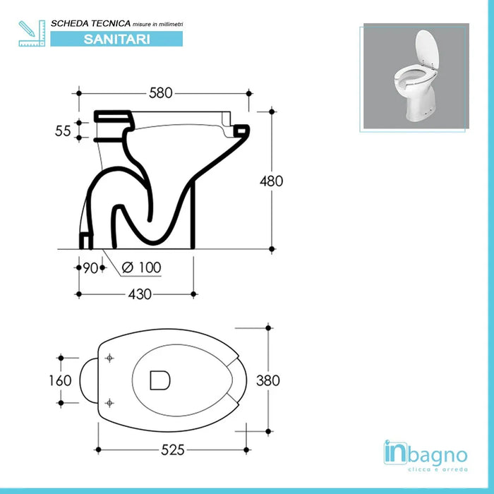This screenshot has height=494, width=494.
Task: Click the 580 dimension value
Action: tap(161, 93)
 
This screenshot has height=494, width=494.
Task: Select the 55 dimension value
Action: tap(63, 131)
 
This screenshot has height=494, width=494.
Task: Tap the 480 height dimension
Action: tap(271, 181)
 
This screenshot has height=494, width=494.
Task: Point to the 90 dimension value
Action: tap(90, 267)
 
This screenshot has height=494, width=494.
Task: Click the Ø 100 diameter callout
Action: tap(141, 267)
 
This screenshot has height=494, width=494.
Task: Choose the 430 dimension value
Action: tap(140, 294)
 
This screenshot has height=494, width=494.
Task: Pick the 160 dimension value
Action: tap(60, 380)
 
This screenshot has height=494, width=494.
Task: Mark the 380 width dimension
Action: tap(267, 380)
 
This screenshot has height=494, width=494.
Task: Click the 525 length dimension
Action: tap(173, 450)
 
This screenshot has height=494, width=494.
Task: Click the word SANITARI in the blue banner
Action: tap(117, 39)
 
